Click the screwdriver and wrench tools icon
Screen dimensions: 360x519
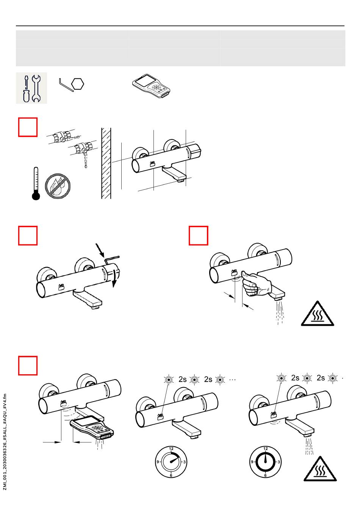(x=31, y=88)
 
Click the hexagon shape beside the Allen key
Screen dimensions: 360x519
(x=77, y=83)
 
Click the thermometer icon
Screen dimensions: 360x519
(x=36, y=183)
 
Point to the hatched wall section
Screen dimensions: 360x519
(x=106, y=163)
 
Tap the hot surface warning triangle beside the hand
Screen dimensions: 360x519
(x=318, y=314)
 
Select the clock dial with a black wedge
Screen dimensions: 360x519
(x=171, y=462)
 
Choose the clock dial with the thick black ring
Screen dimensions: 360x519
(x=265, y=462)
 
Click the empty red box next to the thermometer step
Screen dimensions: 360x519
(x=28, y=127)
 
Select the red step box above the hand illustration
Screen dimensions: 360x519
(x=199, y=236)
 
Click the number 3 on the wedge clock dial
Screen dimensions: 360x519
(x=184, y=462)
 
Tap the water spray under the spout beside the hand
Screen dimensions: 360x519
(x=280, y=313)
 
